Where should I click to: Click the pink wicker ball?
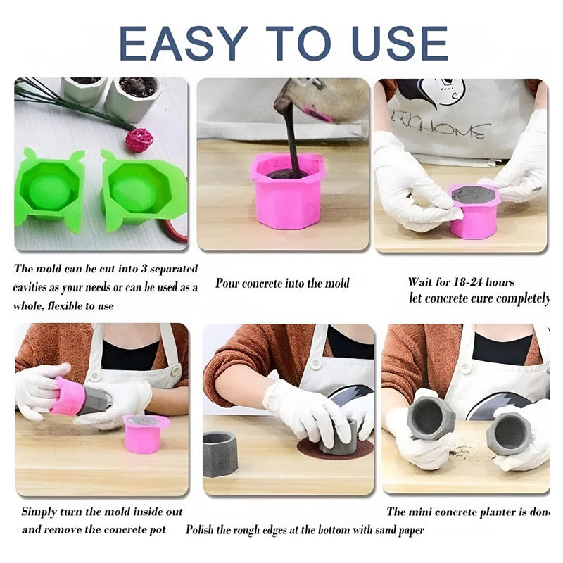tap(139, 139)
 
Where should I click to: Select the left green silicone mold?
tap(49, 189)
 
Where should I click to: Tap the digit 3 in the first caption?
tap(144, 269)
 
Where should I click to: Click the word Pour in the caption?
tap(227, 284)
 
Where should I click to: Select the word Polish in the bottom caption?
tap(199, 530)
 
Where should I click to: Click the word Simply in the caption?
tap(38, 512)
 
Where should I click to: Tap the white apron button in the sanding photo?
tap(315, 364)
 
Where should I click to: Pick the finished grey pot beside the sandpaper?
tap(220, 454)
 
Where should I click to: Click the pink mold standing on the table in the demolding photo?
tap(145, 434)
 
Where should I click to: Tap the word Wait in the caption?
tap(420, 282)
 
